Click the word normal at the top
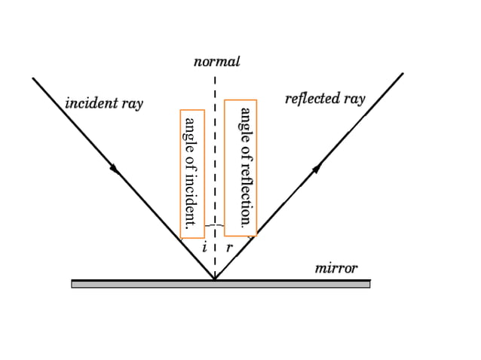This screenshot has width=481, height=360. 216,62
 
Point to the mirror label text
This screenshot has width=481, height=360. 335,268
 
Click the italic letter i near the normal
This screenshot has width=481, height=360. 204,247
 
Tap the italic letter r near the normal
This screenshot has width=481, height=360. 229,247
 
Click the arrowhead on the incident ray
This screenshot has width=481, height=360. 115,169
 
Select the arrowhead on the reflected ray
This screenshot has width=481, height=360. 317,167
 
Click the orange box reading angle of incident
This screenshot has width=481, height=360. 191,173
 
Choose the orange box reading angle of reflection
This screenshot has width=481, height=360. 241,167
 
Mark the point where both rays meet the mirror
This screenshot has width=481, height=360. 215,279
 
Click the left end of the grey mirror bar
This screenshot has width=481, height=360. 73,284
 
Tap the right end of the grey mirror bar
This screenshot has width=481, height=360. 369,284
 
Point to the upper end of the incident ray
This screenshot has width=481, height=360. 33,78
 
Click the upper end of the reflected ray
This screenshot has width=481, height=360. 403,74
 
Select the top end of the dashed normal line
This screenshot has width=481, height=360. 216,75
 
